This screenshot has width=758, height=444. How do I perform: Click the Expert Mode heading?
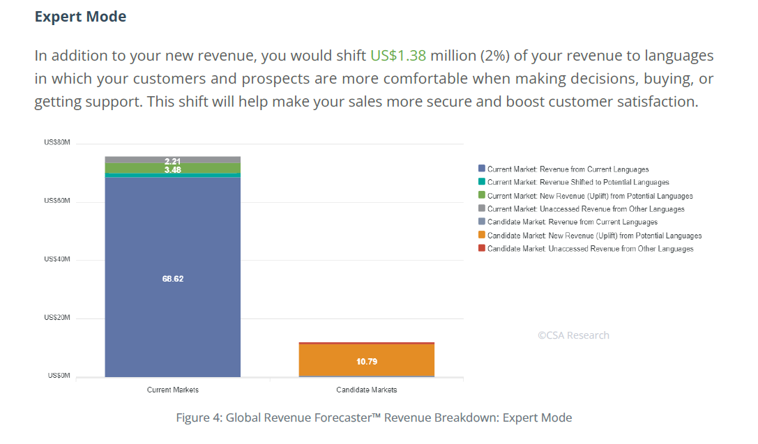(x=80, y=16)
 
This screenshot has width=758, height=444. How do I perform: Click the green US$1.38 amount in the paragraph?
(x=398, y=56)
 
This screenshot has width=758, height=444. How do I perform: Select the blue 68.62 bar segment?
(x=173, y=278)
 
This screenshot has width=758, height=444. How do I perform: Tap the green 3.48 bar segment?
(x=173, y=169)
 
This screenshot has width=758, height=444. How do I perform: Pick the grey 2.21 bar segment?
(x=173, y=160)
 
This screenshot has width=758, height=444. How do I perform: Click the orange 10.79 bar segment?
(x=366, y=361)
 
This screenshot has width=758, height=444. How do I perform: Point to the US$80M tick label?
(x=57, y=143)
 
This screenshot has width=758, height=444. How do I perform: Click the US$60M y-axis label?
(x=57, y=201)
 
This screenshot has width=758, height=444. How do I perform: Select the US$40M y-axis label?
(x=57, y=259)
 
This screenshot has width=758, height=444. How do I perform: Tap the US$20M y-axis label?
(x=57, y=317)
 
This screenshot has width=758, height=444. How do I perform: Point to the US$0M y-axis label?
(x=59, y=376)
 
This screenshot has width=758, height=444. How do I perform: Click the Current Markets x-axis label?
(x=173, y=390)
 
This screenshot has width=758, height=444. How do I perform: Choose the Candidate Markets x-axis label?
(x=366, y=390)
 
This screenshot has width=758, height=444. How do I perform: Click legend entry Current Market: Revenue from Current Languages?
(x=568, y=169)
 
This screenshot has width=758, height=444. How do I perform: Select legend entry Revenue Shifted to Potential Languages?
(x=578, y=183)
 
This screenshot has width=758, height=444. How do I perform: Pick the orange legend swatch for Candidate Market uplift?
(x=481, y=236)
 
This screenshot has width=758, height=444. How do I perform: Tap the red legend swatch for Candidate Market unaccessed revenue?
(x=481, y=249)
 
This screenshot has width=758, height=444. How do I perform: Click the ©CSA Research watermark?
(x=573, y=335)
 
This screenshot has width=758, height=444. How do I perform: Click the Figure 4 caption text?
(x=374, y=418)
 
